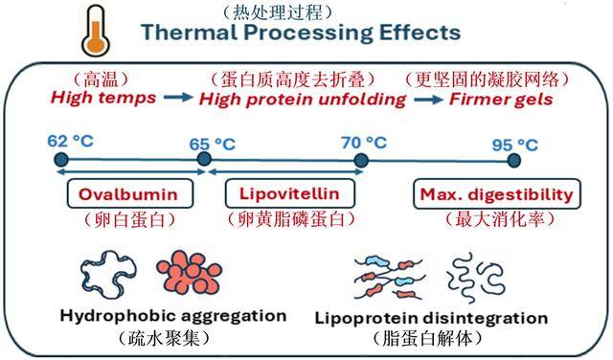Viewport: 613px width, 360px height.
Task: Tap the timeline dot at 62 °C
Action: [x=60, y=159]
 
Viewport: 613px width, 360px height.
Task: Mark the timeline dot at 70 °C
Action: [x=361, y=160]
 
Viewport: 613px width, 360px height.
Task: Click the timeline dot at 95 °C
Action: [x=514, y=160]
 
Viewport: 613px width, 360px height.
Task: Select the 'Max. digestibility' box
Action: [x=497, y=195]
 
